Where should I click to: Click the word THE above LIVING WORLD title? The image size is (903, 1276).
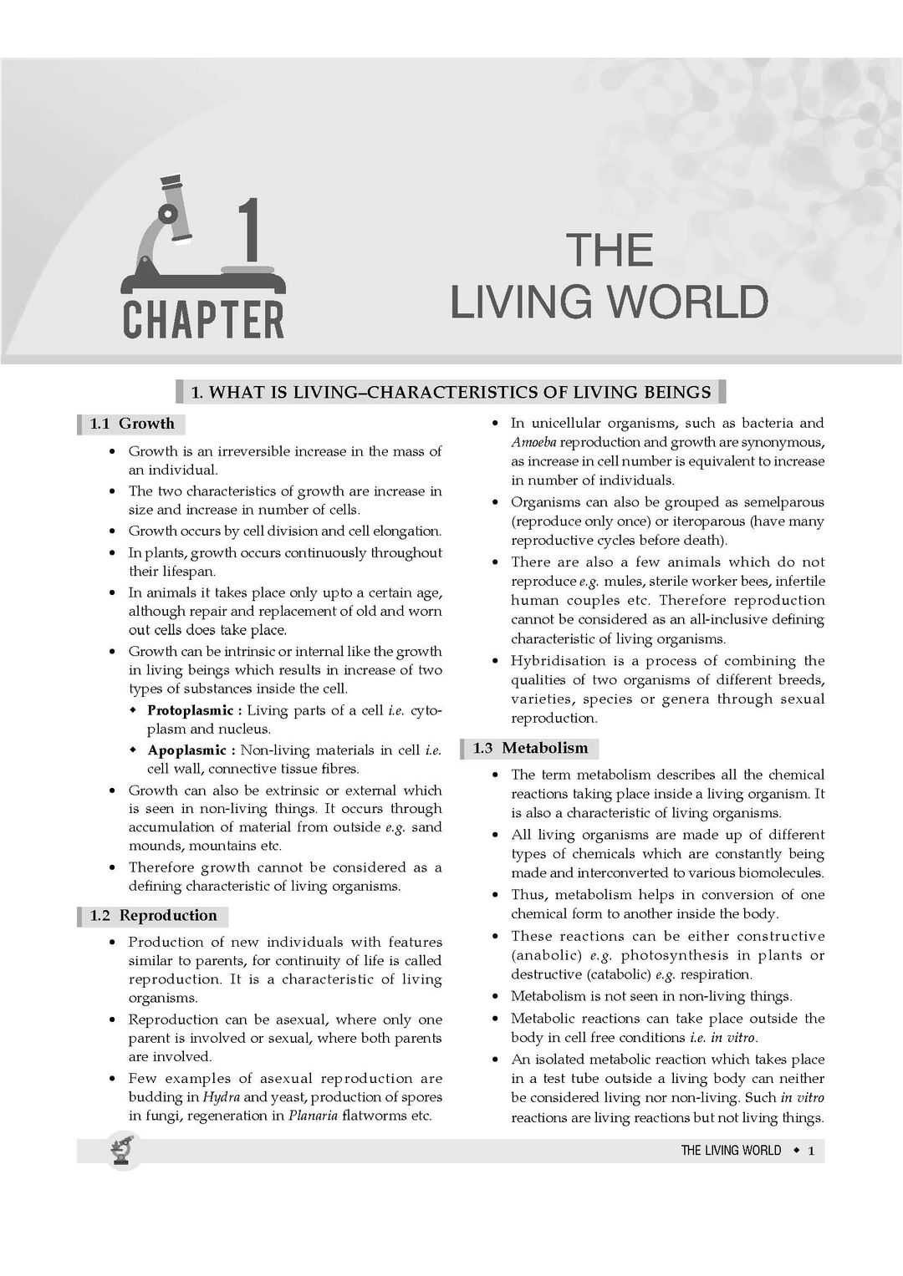coord(609,250)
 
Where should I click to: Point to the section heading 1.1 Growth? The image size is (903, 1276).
coord(132,424)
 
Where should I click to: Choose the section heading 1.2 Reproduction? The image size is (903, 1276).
coord(153,916)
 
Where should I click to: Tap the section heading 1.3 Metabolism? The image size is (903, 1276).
coord(530,748)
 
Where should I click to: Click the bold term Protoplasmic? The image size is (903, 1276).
coord(190,710)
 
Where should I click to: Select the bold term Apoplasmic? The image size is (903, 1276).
coord(186,750)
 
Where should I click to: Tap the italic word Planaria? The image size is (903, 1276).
coord(313,1116)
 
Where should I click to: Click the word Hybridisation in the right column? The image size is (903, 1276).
coord(556,661)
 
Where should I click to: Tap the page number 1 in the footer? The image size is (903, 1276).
coord(811,1151)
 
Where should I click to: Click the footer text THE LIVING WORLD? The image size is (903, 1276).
coord(731,1151)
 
